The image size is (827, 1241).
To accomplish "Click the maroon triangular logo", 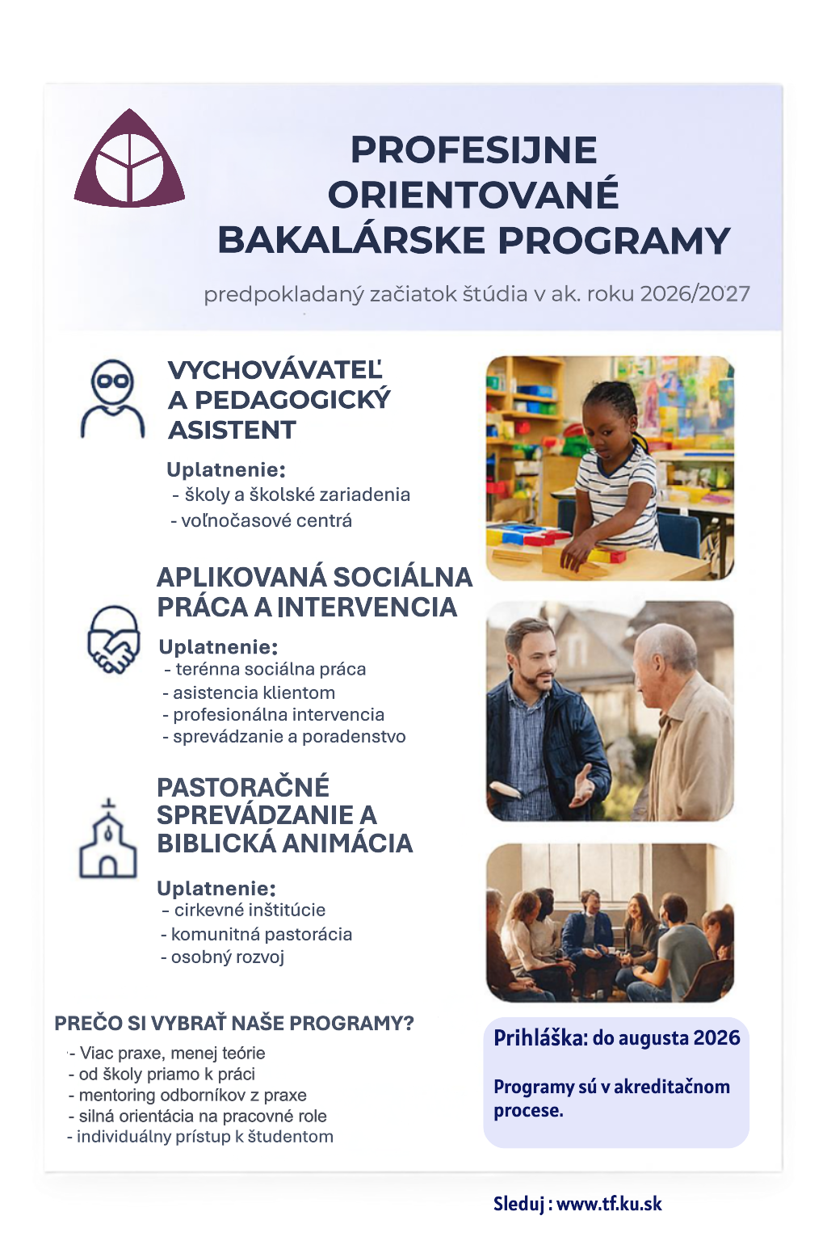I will [129, 162].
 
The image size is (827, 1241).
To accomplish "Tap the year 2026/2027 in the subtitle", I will [695, 293].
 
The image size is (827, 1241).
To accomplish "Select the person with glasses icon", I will [112, 399].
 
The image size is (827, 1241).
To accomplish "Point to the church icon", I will [107, 840].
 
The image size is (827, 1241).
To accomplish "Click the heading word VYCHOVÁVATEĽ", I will [275, 370].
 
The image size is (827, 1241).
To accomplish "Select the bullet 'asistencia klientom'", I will [254, 692].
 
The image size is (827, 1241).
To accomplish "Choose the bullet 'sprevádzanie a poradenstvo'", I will [288, 736].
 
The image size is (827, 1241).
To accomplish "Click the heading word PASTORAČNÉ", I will [243, 787].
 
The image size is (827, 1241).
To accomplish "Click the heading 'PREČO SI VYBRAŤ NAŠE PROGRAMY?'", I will [233, 1023].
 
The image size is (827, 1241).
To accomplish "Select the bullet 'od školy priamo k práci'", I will [166, 1074].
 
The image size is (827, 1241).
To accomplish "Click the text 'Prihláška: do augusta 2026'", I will [616, 1038].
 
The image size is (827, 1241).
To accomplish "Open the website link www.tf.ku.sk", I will [609, 1204].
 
